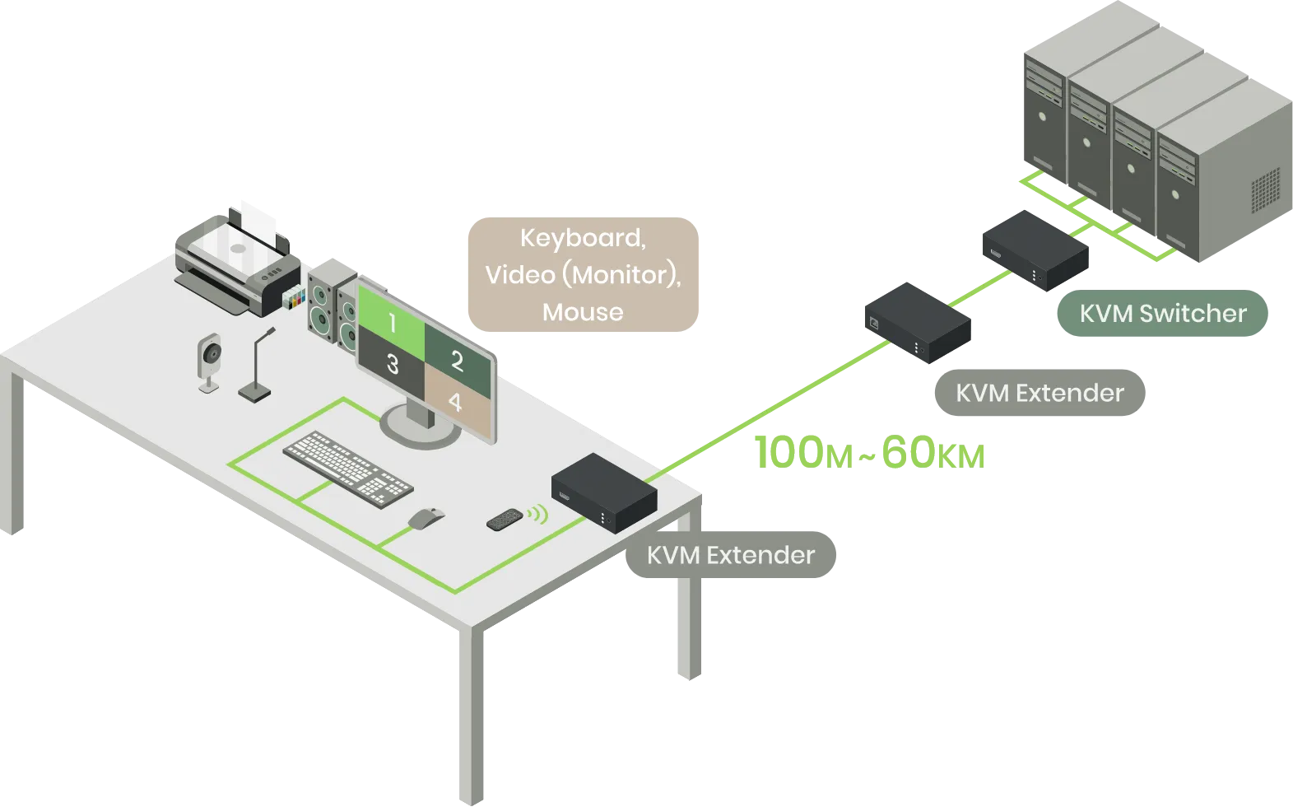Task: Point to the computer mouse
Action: (426, 518)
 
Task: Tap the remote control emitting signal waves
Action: (505, 519)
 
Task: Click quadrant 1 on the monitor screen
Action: (392, 322)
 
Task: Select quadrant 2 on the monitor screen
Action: (458, 359)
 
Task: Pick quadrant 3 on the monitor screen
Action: (393, 363)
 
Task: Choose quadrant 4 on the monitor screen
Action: (455, 401)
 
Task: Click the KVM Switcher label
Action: (1162, 314)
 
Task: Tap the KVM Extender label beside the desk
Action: (730, 555)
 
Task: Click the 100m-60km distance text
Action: (869, 454)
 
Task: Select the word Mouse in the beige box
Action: (583, 312)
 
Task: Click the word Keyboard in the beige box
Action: (583, 238)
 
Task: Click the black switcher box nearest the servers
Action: (1036, 248)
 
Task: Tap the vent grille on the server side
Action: (1265, 189)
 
